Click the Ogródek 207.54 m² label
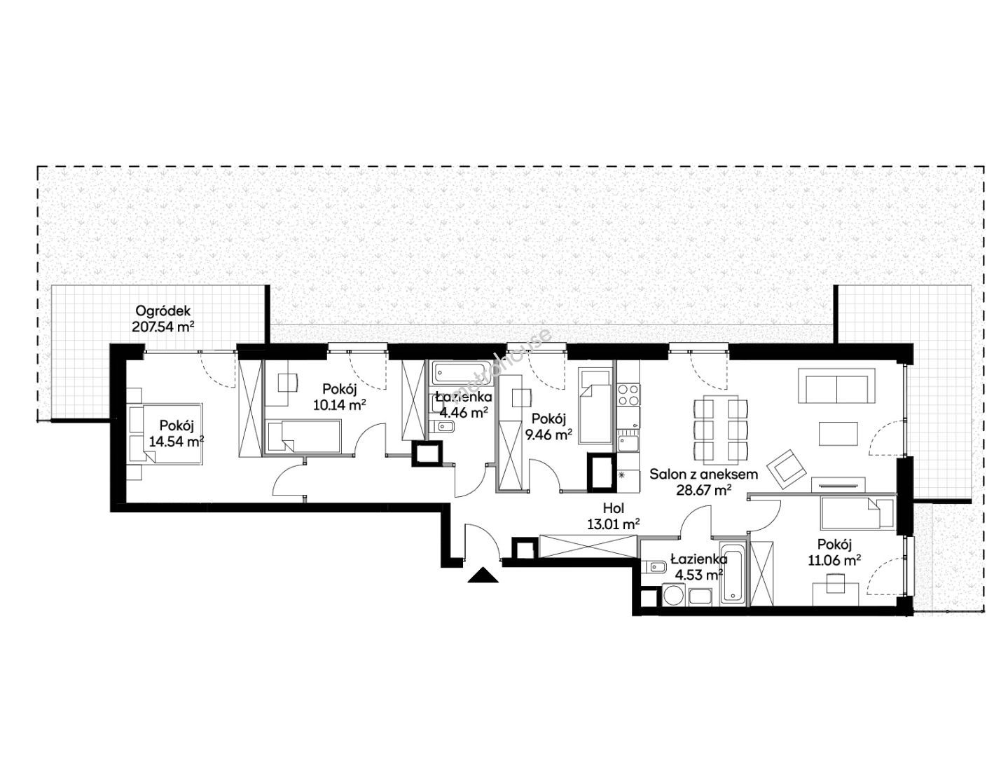coord(163,319)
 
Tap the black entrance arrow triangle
coord(483,575)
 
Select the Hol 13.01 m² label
coord(614,516)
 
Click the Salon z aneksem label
coord(703,474)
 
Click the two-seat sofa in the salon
coord(836,386)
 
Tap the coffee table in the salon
coord(838,434)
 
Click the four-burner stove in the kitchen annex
coord(628,395)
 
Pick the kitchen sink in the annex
coord(627,442)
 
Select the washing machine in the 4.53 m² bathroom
coord(674,596)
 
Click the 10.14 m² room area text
coord(339,404)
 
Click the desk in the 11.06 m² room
coord(836,594)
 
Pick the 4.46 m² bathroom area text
coord(463,412)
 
